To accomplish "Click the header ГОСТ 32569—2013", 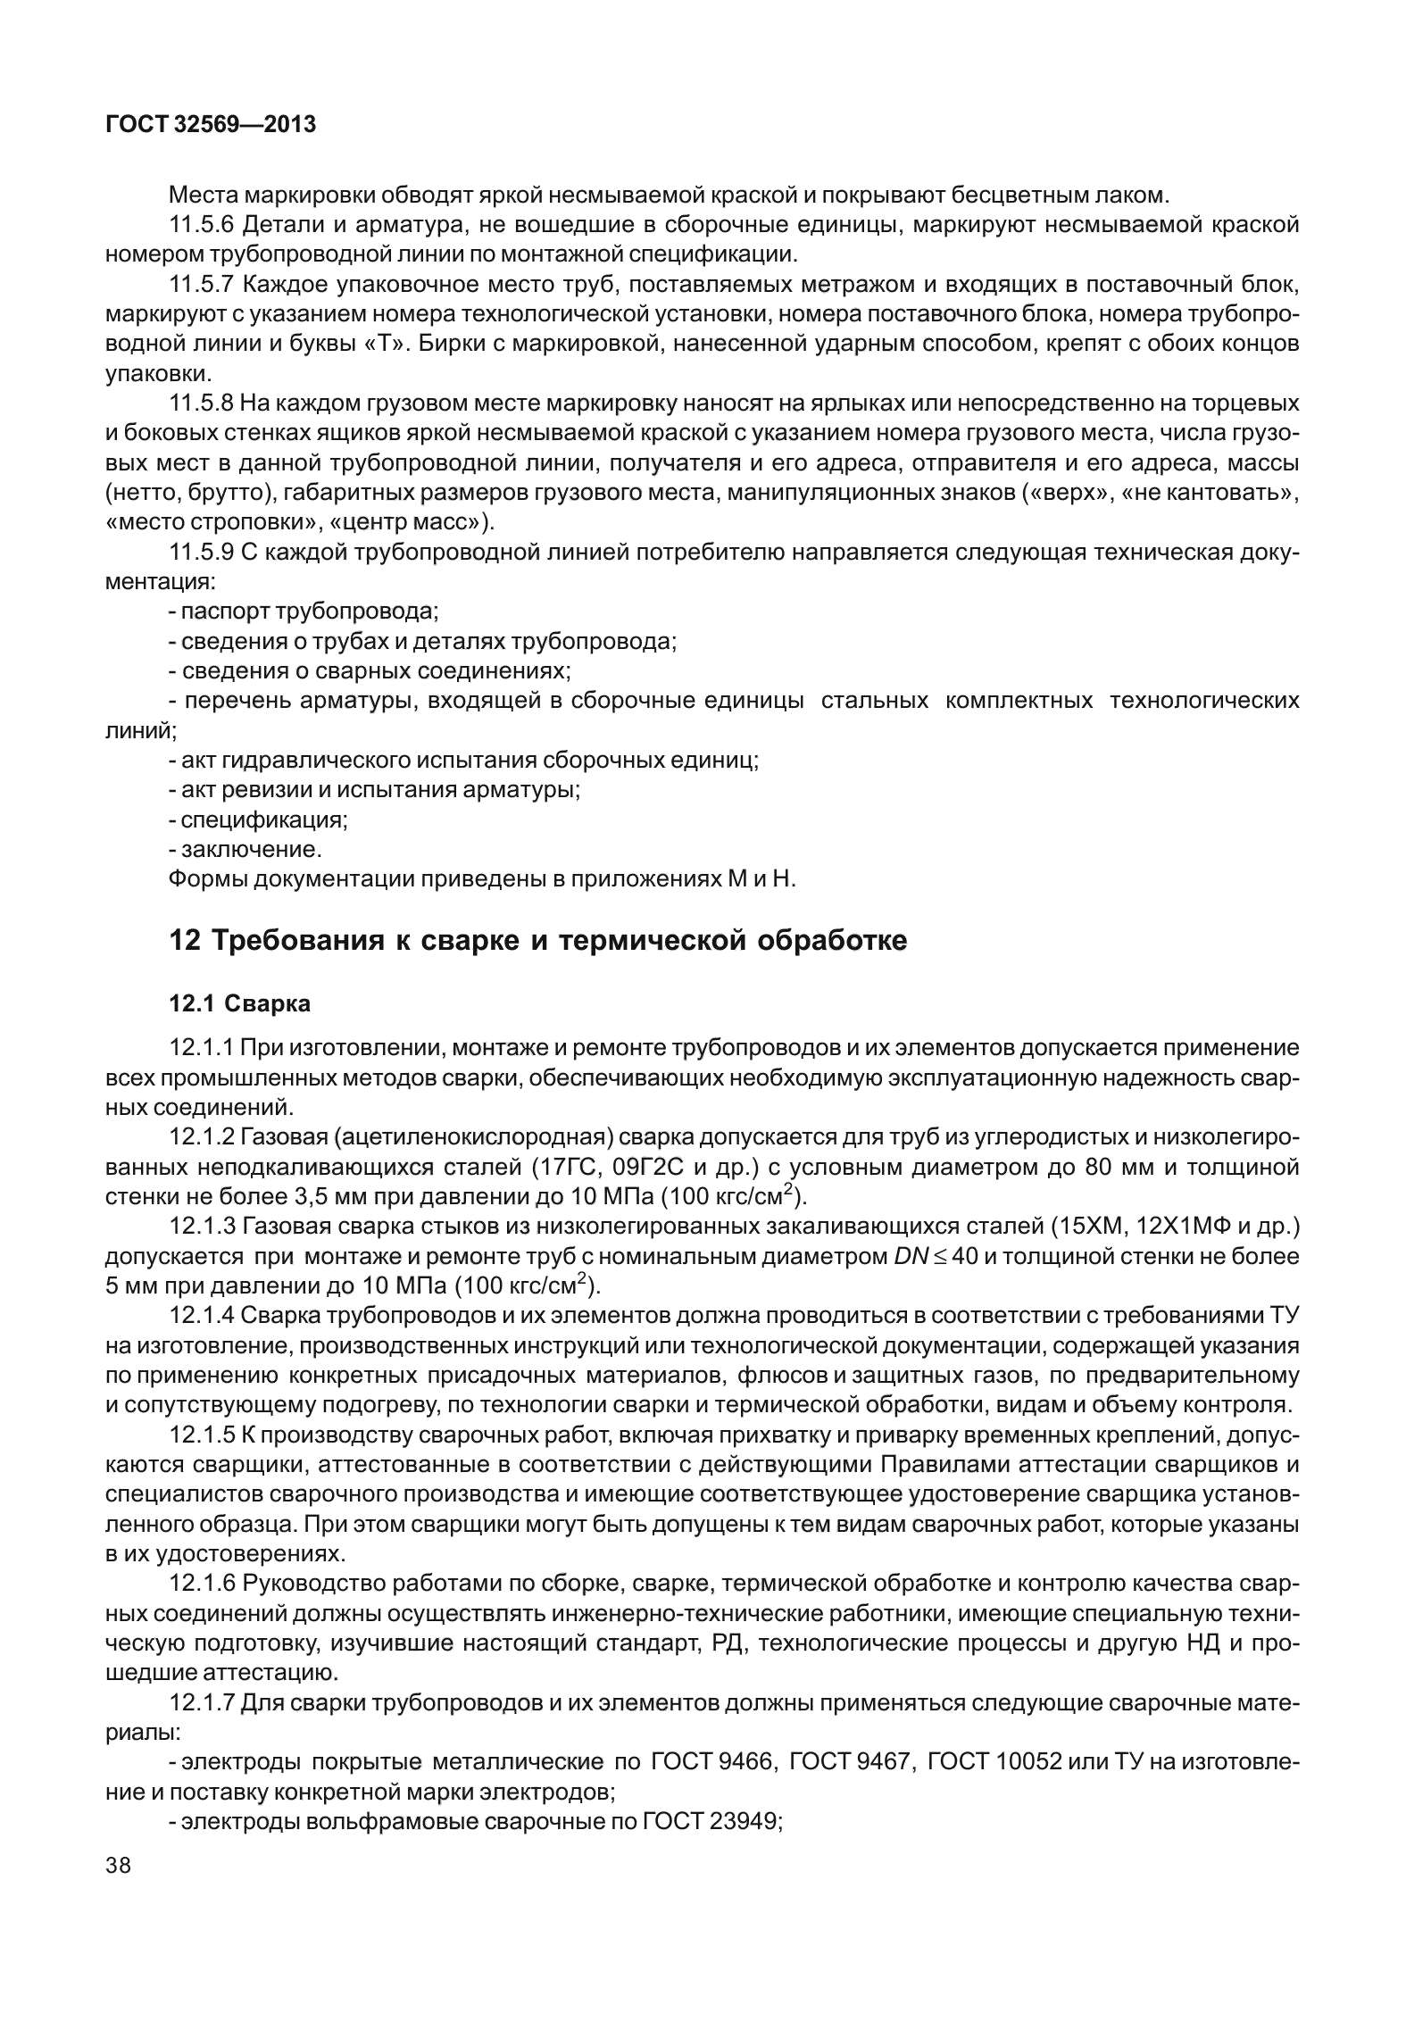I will pos(211,125).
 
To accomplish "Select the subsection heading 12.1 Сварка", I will pos(240,1003).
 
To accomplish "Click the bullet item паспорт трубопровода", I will pos(309,612).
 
